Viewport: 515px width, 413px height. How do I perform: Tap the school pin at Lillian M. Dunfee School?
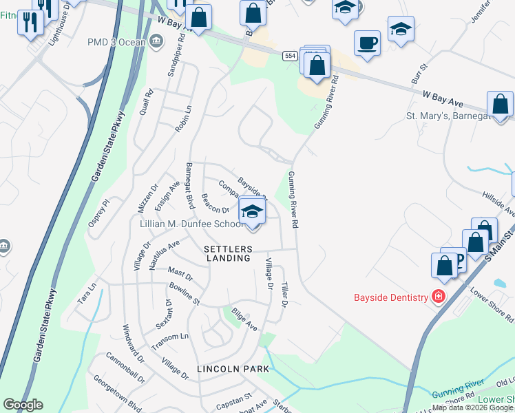(x=253, y=211)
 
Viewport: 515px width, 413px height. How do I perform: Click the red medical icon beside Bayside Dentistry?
(x=438, y=297)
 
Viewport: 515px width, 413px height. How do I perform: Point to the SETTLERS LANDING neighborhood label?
(x=228, y=253)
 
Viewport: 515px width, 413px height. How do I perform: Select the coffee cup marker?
(x=368, y=42)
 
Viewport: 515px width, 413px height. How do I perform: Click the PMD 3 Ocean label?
(x=116, y=42)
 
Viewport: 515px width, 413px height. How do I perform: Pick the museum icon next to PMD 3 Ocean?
(x=156, y=42)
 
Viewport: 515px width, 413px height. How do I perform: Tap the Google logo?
(x=23, y=405)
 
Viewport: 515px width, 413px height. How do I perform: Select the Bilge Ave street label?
(x=244, y=319)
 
